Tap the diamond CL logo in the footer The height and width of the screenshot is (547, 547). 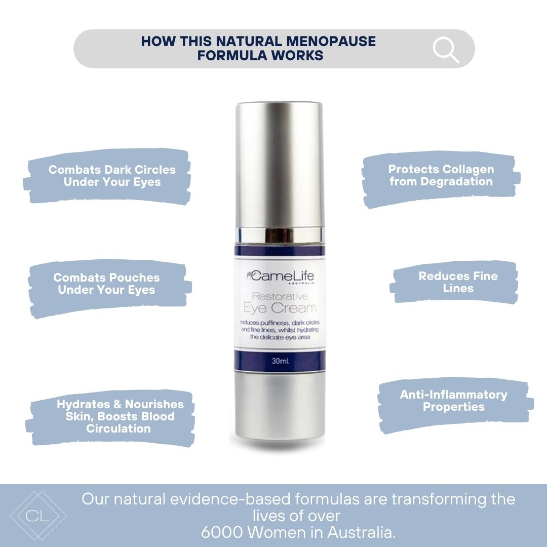[38, 516]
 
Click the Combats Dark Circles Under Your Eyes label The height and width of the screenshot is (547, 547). [112, 176]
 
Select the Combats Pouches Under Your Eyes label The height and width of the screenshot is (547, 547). [106, 284]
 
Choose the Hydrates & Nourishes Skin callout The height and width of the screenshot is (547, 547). [120, 416]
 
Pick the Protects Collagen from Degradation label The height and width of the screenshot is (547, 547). [441, 175]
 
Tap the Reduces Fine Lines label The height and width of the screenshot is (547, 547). [458, 282]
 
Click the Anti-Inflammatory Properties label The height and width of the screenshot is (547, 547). [453, 401]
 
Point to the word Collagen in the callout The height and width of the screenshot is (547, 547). [467, 169]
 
